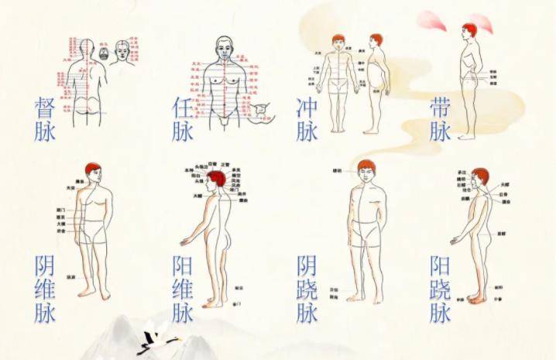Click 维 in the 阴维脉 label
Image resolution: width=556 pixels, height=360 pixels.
44,288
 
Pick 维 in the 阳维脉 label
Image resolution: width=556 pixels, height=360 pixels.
183,289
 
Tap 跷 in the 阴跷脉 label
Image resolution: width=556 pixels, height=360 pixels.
307,289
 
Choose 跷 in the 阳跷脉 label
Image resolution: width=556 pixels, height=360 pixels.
441,289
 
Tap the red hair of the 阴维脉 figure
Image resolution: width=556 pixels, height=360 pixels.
93,169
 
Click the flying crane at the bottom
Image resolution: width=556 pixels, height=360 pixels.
159,339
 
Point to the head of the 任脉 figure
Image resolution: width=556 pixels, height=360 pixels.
224,48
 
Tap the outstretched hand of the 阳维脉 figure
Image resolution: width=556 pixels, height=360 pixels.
184,242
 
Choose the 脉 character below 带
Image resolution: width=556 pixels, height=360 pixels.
441,131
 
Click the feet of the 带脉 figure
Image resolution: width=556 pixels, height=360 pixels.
466,136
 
